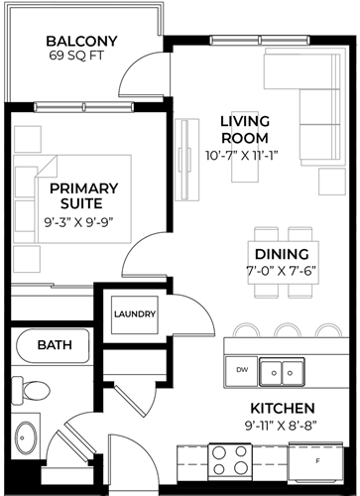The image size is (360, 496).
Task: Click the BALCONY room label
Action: pyautogui.click(x=81, y=41)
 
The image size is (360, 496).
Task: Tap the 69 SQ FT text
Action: pyautogui.click(x=76, y=56)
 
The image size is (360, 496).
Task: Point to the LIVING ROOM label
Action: pyautogui.click(x=245, y=130)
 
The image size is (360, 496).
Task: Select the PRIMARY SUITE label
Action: pyautogui.click(x=83, y=195)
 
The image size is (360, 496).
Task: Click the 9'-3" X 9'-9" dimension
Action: pyautogui.click(x=78, y=222)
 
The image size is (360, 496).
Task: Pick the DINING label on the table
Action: pyautogui.click(x=282, y=254)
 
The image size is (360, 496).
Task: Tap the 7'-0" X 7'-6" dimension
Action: pyautogui.click(x=282, y=271)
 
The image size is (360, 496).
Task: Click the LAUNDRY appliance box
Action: pyautogui.click(x=135, y=314)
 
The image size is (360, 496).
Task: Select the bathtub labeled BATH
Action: pyautogui.click(x=53, y=345)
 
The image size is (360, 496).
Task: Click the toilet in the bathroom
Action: pyautogui.click(x=31, y=391)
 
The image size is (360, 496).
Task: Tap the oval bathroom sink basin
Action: pyautogui.click(x=26, y=437)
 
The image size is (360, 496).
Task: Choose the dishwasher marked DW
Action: pyautogui.click(x=242, y=371)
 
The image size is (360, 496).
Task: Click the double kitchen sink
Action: pyautogui.click(x=282, y=372)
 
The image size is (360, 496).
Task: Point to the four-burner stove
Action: pyautogui.click(x=230, y=461)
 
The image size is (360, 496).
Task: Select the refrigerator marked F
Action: pyautogui.click(x=316, y=461)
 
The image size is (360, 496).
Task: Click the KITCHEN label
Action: pyautogui.click(x=283, y=409)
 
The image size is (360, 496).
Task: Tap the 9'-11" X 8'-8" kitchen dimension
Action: pyautogui.click(x=281, y=426)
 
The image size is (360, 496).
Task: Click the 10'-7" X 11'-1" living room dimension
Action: pyautogui.click(x=242, y=156)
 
